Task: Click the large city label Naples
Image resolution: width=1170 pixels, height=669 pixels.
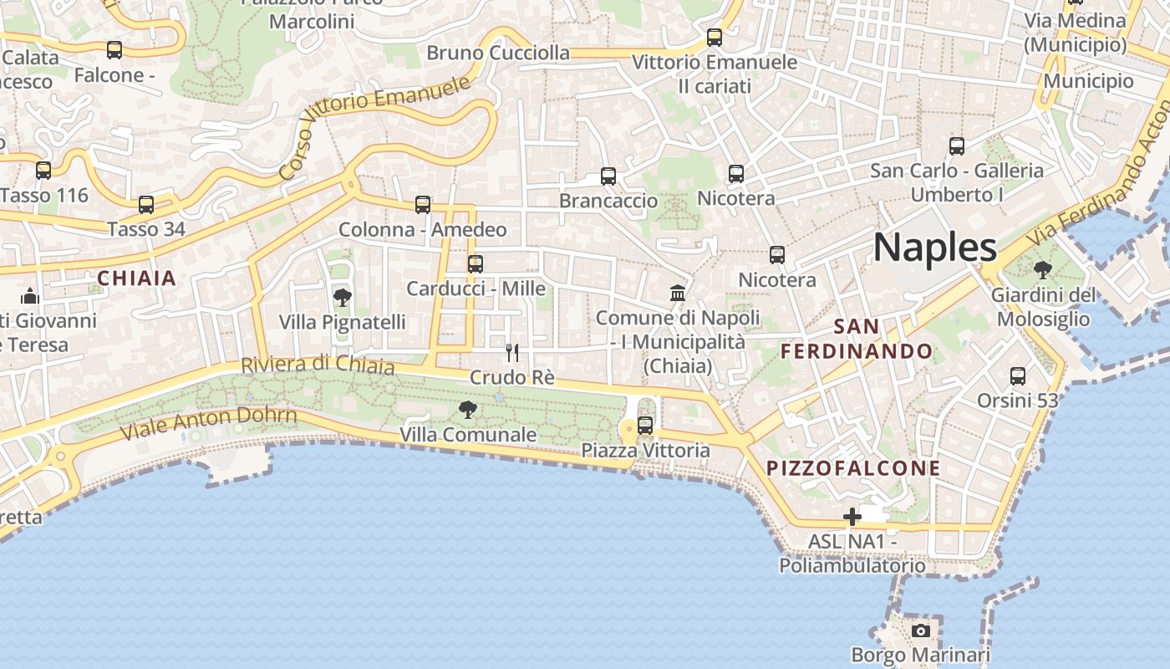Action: [x=935, y=248]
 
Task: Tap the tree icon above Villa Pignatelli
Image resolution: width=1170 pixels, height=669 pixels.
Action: [x=342, y=297]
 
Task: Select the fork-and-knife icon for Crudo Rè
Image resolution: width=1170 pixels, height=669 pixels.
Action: [x=512, y=353]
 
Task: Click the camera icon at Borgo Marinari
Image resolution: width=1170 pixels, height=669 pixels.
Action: [x=920, y=631]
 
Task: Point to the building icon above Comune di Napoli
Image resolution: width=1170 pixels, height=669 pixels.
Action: [x=678, y=294]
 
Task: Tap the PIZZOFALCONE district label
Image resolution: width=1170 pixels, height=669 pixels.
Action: [x=853, y=468]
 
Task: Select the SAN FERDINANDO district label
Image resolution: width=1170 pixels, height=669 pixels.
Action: [x=857, y=339]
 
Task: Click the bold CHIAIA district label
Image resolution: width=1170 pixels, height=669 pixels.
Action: [x=137, y=278]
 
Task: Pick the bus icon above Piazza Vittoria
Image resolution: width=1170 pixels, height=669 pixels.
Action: [x=645, y=426]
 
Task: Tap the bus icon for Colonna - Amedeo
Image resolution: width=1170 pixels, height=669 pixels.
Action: [x=423, y=205]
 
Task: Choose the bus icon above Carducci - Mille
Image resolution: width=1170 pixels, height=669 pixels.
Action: [x=476, y=264]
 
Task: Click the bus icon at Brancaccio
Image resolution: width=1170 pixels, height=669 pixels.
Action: [x=608, y=176]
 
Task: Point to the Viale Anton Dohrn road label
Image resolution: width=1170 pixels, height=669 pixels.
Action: [x=209, y=423]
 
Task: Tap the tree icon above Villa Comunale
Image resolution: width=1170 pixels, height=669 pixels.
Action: [x=468, y=410]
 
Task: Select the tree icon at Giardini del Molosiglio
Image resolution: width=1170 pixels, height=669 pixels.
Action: [x=1042, y=270]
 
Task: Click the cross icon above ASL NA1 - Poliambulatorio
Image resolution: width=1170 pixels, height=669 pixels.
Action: [x=852, y=517]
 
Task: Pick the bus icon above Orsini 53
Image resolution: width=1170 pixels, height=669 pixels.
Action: [x=1018, y=376]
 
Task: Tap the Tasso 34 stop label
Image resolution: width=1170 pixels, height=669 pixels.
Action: [x=146, y=229]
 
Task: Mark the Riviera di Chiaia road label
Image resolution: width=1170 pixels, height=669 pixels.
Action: [x=318, y=365]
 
